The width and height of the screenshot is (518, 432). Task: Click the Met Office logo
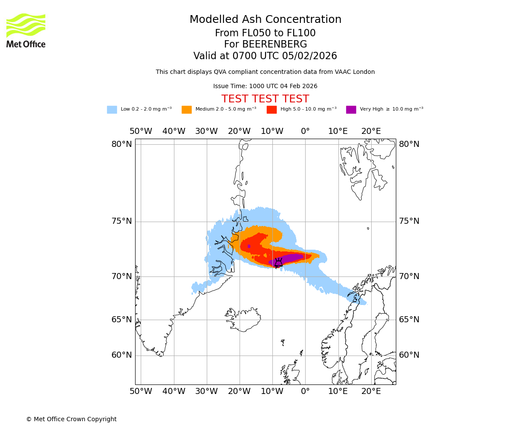click(26, 30)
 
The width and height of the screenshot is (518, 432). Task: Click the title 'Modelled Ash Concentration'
click(265, 19)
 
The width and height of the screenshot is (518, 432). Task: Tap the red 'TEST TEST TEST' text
click(265, 99)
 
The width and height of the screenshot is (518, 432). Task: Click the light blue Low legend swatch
click(112, 109)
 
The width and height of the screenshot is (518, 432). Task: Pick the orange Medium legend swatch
click(186, 109)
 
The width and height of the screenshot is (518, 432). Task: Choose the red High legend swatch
click(272, 109)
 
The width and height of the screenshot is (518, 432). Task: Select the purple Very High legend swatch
click(351, 109)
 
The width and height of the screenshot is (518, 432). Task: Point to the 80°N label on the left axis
click(122, 144)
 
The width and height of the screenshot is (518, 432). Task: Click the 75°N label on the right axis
click(409, 221)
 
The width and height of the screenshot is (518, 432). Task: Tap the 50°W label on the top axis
click(141, 131)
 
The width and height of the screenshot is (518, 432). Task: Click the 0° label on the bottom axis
click(305, 391)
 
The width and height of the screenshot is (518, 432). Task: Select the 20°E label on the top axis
click(371, 131)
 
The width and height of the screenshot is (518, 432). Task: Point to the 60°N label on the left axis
click(122, 355)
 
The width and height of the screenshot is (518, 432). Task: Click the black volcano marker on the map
click(278, 263)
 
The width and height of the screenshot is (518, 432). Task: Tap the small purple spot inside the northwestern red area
click(249, 246)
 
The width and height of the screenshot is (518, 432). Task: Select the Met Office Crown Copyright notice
click(71, 419)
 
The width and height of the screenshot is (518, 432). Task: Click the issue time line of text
click(265, 86)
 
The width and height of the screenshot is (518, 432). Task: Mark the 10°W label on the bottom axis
click(272, 391)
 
